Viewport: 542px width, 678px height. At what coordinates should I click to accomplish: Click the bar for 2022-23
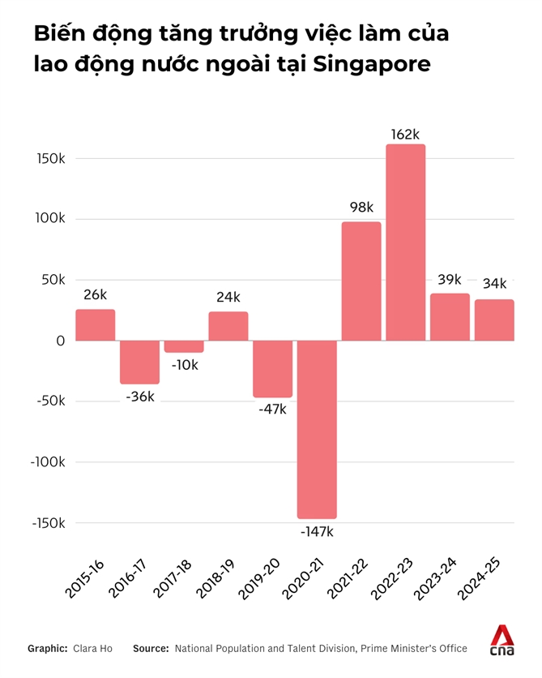406,242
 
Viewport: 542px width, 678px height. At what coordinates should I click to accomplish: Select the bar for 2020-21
317,429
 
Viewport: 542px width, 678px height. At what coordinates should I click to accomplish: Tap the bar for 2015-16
96,325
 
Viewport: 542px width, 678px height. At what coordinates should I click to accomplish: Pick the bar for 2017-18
184,346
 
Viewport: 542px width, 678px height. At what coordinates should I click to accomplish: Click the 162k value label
405,134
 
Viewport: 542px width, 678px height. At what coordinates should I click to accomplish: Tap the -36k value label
140,397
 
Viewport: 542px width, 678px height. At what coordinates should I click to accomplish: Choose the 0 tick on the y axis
60,341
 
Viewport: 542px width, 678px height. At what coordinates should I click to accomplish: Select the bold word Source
151,649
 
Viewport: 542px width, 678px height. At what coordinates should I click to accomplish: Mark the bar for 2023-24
450,317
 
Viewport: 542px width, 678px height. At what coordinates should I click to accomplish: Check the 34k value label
493,284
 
